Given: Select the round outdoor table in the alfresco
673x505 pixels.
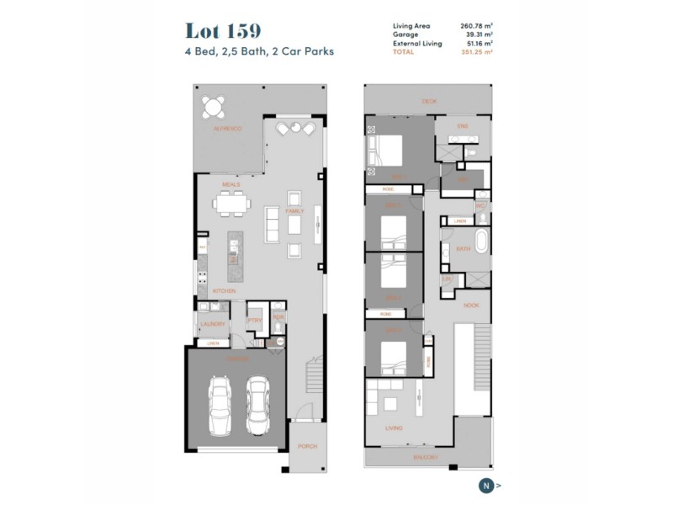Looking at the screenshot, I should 215,107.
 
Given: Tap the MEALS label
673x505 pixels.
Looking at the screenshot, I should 231,184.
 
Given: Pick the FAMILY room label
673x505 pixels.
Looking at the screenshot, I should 294,211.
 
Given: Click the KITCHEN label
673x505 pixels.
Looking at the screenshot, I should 224,291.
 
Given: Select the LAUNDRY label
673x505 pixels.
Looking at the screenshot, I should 211,323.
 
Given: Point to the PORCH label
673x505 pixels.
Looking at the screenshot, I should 307,446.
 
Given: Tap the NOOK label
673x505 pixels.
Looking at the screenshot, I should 471,306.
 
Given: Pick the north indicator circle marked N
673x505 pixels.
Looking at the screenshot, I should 486,485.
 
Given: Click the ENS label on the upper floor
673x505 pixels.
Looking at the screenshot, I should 462,126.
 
